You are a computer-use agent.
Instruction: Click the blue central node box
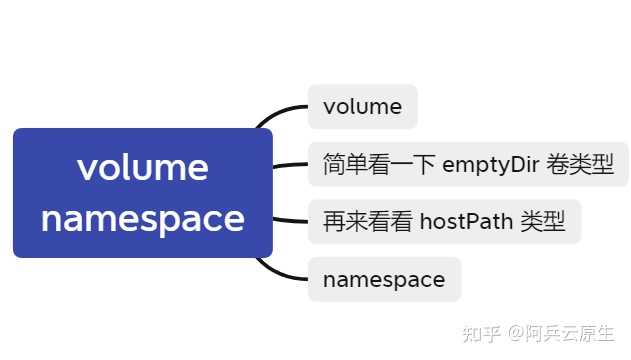(x=142, y=193)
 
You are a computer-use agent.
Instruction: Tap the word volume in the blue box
(x=142, y=167)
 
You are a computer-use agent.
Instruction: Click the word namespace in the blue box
(x=142, y=219)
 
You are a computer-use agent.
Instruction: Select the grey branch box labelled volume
(x=362, y=107)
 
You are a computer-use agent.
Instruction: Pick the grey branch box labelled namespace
(x=384, y=280)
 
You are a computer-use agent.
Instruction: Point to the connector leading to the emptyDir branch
(x=290, y=166)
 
